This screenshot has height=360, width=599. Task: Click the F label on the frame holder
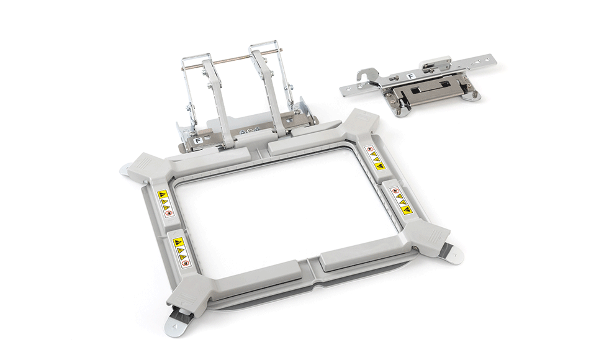[x=197, y=140]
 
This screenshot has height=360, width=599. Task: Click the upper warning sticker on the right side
[x=374, y=158]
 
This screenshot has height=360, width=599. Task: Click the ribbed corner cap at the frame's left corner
[x=142, y=164]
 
